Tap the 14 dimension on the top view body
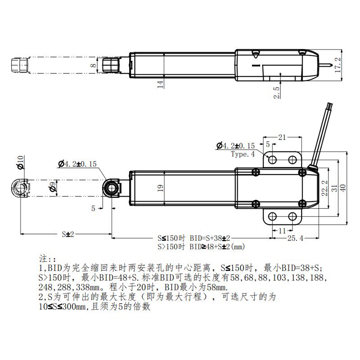[160, 84]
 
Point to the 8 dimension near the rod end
[93, 65]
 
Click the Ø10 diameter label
[19, 163]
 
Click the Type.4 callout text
[243, 154]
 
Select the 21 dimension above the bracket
[282, 137]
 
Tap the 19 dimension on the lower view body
[160, 188]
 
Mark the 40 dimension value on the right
[344, 188]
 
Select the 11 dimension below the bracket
[283, 230]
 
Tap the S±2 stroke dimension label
[67, 234]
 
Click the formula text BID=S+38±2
[208, 238]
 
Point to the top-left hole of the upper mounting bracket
[272, 159]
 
